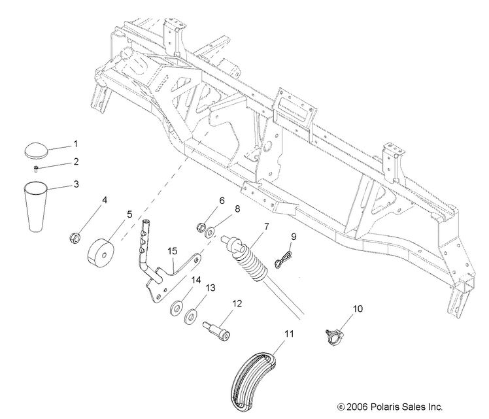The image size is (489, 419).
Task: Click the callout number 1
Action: [x=76, y=142]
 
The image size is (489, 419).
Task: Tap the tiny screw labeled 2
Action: [x=37, y=168]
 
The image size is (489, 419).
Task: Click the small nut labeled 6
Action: [x=200, y=228]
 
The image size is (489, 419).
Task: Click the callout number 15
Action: [x=173, y=251]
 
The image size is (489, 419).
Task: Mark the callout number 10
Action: [x=357, y=308]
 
